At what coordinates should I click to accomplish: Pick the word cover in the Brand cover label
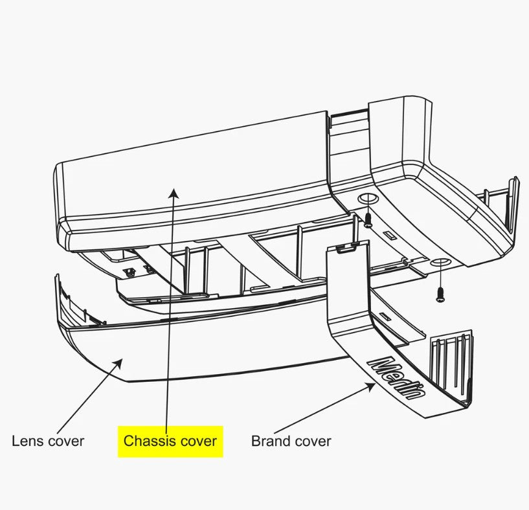pos(311,441)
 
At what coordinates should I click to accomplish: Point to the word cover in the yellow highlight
pos(199,441)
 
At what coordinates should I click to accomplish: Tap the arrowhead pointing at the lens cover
pos(118,363)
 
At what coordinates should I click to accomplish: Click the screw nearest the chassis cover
pos(368,221)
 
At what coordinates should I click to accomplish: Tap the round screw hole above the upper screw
pos(367,199)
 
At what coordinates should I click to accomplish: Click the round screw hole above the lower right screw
pos(440,263)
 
